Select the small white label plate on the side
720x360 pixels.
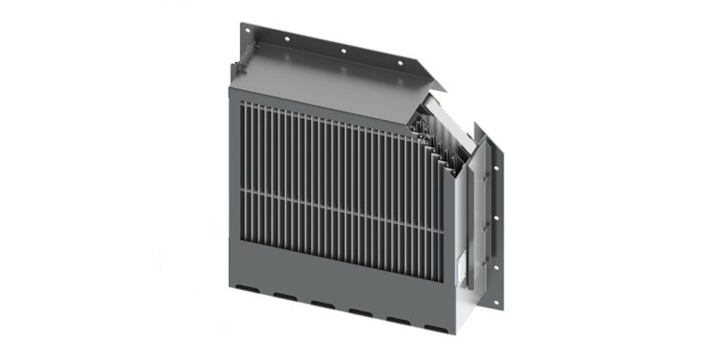point(459,268)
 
